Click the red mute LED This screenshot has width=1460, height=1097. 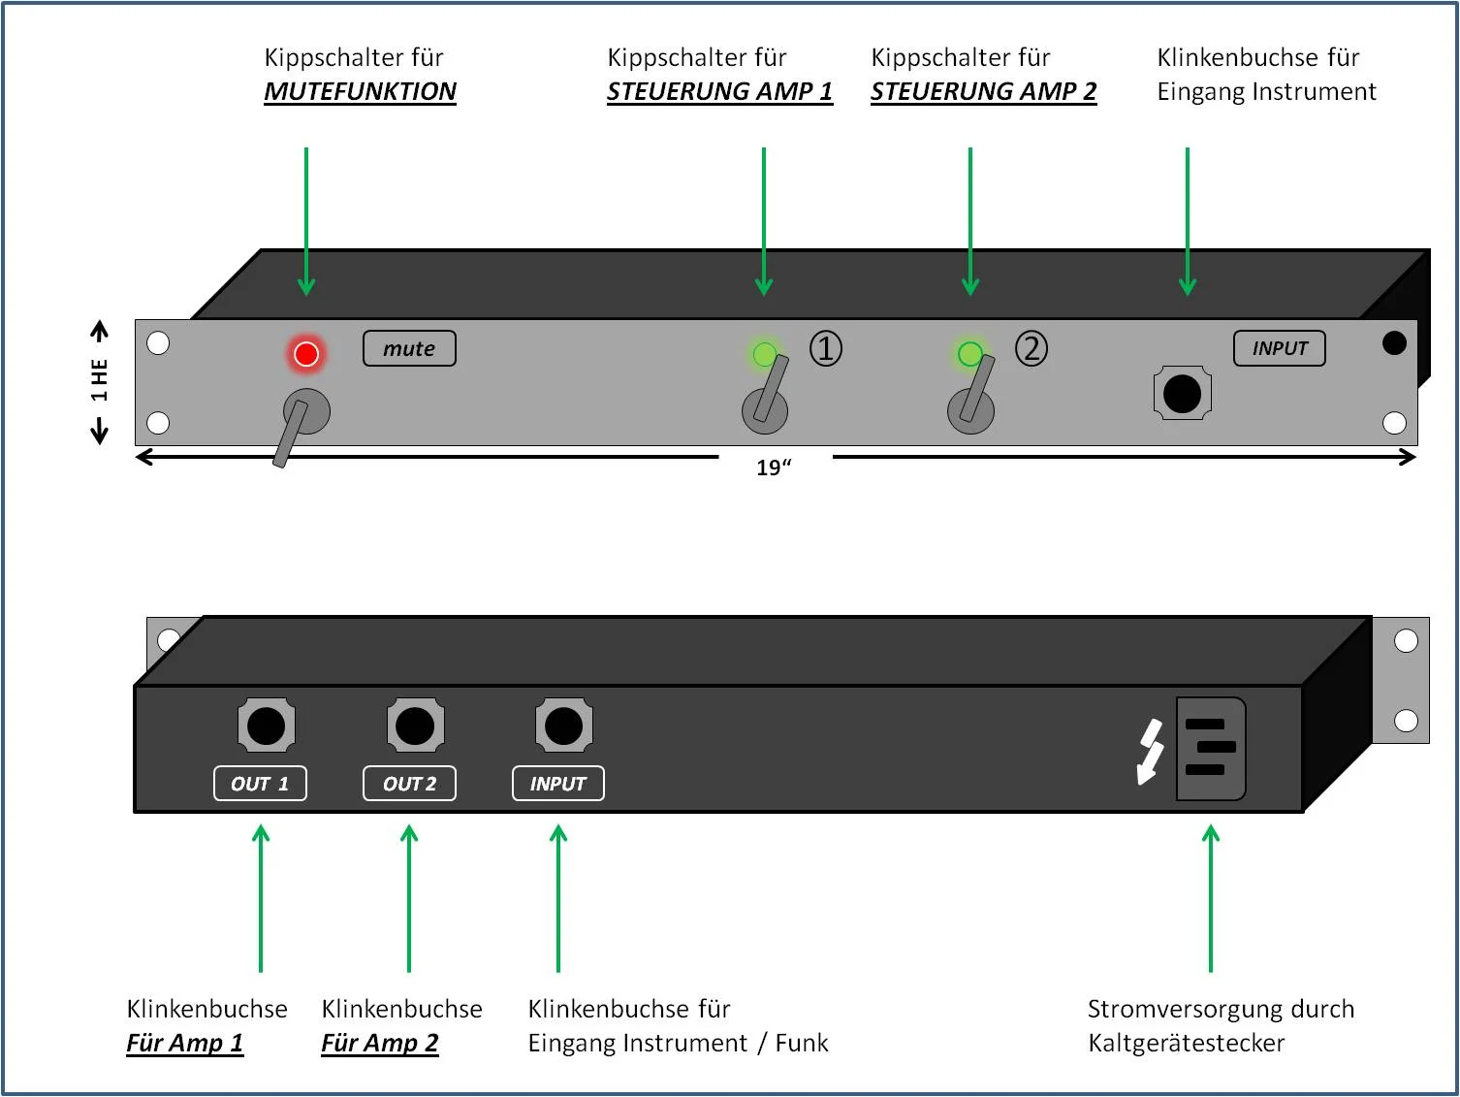pos(306,354)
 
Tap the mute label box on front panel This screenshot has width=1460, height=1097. pos(409,349)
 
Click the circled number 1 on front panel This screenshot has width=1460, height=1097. pos(826,348)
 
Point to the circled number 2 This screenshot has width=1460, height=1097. pos(1032,348)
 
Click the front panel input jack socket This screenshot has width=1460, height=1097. pos(1182,394)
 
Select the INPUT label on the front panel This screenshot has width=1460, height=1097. pos(1280,349)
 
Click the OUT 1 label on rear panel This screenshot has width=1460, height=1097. pos(260,784)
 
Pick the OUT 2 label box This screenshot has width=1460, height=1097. pos(409,784)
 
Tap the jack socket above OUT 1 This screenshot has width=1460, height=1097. pos(266,726)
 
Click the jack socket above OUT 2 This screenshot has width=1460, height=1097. pos(415,726)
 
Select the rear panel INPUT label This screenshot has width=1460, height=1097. pos(558,784)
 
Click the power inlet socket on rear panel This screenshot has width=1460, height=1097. pos(1210,748)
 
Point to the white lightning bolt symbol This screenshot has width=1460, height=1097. pos(1150,751)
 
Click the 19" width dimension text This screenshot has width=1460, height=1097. pos(774,468)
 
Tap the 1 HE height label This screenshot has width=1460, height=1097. pos(99,380)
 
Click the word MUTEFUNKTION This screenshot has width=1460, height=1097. pos(360,92)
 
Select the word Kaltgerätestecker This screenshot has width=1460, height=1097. pos(1186,1044)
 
